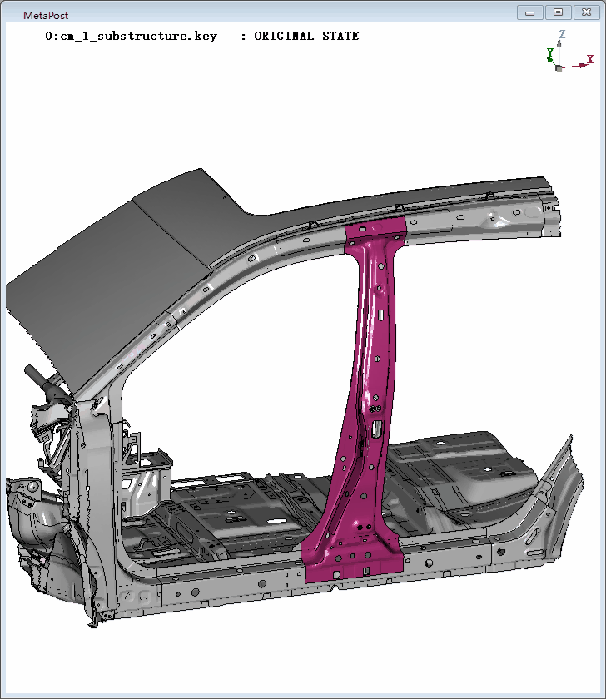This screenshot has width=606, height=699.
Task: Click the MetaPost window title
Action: (46, 15)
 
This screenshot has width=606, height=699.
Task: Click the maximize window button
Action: (558, 12)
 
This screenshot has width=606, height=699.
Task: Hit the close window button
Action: (586, 12)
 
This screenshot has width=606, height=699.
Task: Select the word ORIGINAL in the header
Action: (284, 36)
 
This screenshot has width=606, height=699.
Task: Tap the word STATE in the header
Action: (340, 36)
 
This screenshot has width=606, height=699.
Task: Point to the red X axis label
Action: (590, 59)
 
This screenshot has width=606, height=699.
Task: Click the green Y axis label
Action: (550, 53)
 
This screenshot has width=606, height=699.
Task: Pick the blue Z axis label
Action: (563, 34)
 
